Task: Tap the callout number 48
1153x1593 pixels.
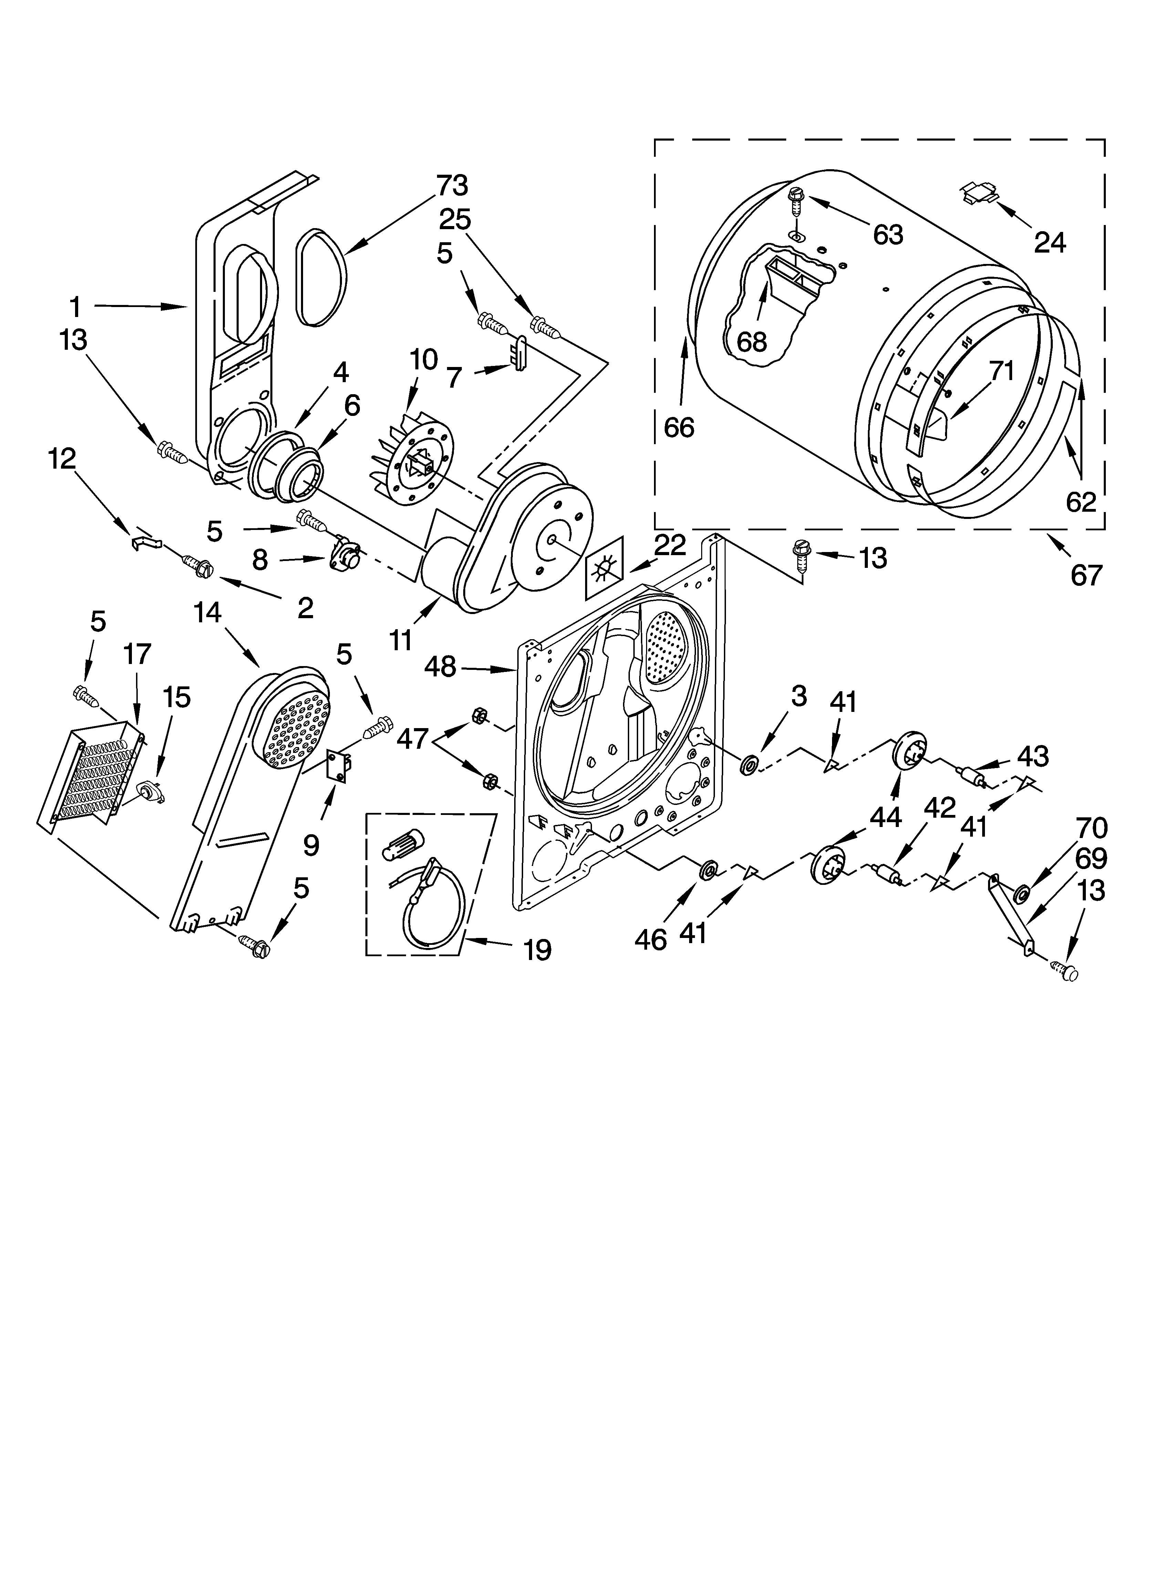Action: tap(440, 666)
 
